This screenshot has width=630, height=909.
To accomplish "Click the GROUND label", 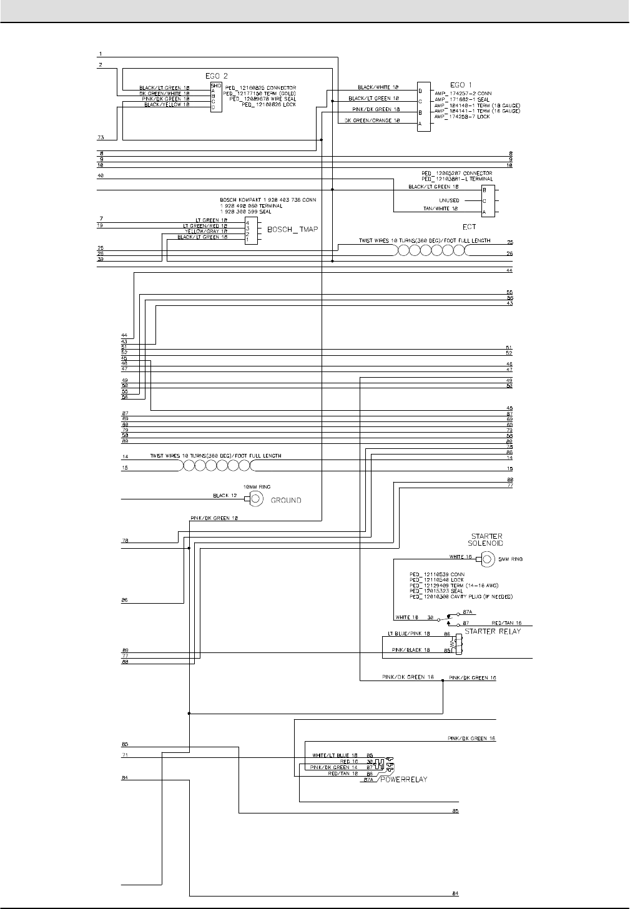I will click(x=285, y=500).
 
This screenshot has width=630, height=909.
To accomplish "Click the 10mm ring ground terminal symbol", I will click(x=256, y=498).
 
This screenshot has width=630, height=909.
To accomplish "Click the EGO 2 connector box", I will click(x=216, y=97).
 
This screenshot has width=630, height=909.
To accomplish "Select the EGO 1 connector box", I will click(x=424, y=107).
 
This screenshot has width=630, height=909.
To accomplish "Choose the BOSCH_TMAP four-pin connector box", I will click(x=250, y=230).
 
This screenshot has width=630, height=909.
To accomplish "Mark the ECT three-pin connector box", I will click(x=486, y=201).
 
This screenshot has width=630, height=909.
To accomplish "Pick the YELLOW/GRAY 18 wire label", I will click(x=200, y=232).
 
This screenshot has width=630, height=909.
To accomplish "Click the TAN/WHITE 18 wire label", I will click(x=441, y=209).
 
